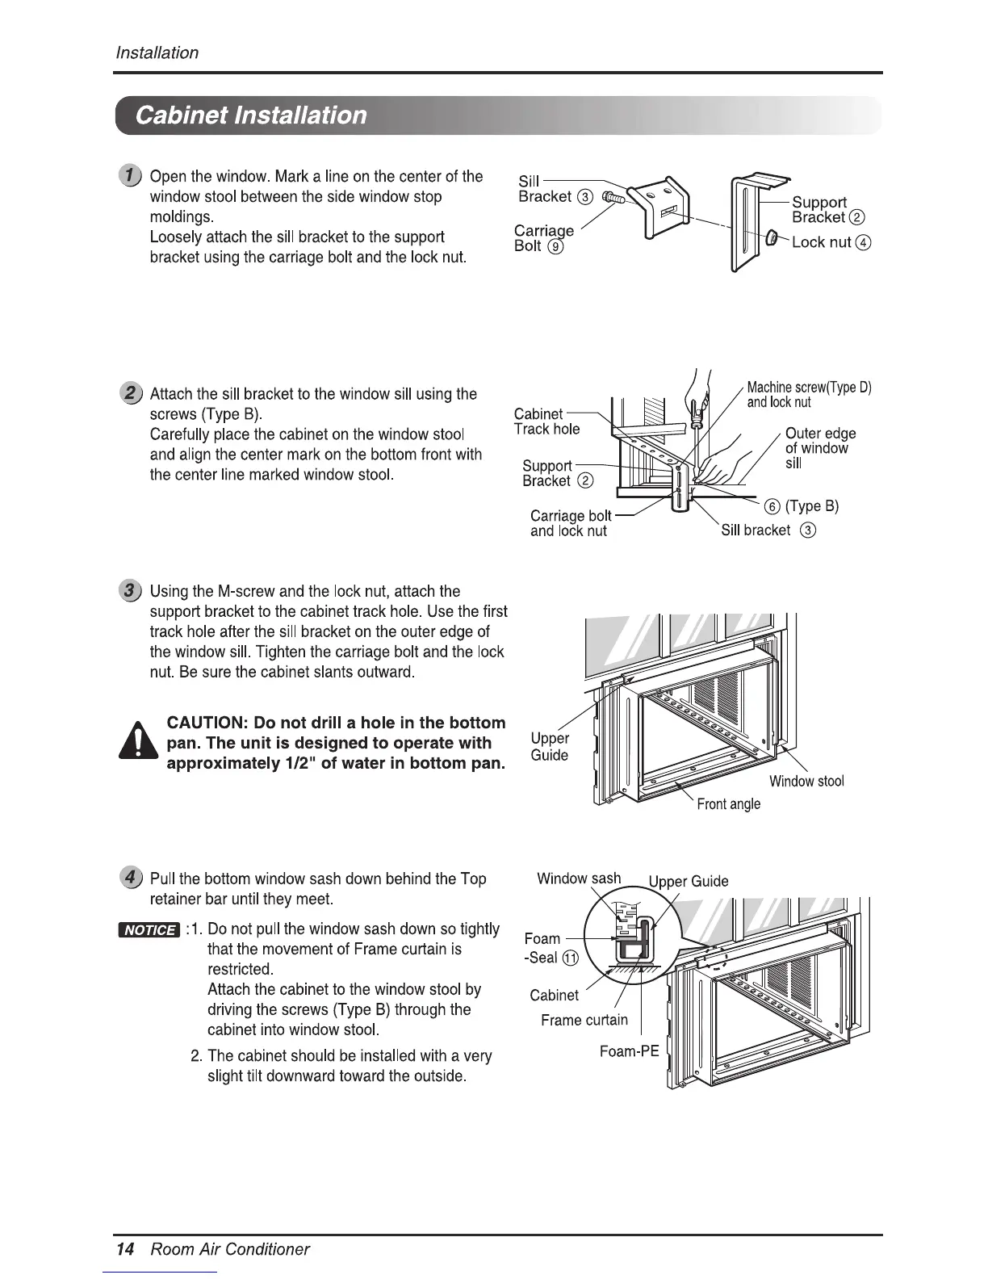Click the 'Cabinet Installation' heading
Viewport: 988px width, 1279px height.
coord(251,115)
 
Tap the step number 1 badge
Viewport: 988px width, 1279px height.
coord(129,176)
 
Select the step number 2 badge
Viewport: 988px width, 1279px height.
coord(129,394)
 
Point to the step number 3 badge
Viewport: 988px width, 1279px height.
coord(129,591)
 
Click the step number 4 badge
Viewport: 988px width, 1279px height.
coord(129,878)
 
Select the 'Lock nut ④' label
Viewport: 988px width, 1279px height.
coord(831,242)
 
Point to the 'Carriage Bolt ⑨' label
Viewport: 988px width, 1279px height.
coord(543,238)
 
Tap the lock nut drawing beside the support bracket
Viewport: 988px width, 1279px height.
coord(771,238)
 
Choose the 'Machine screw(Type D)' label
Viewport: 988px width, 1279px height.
coord(809,388)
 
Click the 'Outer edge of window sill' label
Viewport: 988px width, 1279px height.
coord(819,448)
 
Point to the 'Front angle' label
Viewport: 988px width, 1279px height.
coord(728,803)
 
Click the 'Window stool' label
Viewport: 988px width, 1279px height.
coord(806,781)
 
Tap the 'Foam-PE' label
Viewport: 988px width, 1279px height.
coord(629,1051)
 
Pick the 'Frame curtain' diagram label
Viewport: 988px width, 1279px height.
coord(584,1020)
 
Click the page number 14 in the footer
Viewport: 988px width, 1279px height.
coord(125,1249)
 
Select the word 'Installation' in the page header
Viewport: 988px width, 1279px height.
coord(157,53)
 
